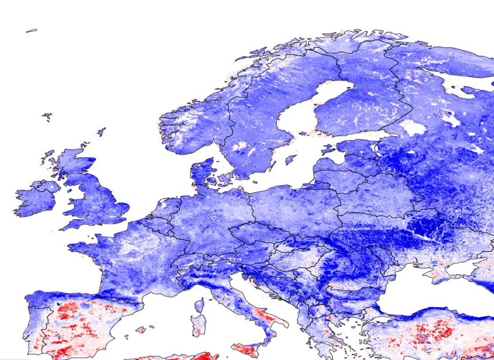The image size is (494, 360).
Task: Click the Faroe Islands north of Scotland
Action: [x=46, y=117]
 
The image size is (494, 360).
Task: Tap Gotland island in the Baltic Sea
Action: [x=290, y=159]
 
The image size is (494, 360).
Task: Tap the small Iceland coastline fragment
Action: [x=31, y=30]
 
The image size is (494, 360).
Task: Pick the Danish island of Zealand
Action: [x=224, y=178]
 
